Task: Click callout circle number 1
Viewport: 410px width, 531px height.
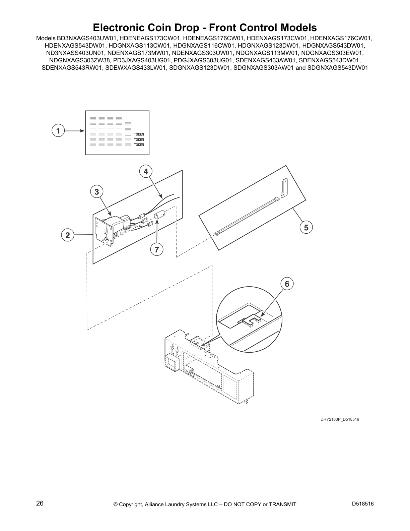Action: (x=58, y=131)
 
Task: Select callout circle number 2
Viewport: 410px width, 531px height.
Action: (x=68, y=235)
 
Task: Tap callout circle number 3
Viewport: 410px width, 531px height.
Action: (x=96, y=192)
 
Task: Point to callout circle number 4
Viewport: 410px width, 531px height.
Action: (x=145, y=172)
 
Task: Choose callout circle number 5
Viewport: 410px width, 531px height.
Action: (x=306, y=228)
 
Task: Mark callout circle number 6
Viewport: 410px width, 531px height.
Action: (x=287, y=284)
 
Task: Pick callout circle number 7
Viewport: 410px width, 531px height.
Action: (x=156, y=249)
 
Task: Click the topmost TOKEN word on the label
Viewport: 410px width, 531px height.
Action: (x=139, y=134)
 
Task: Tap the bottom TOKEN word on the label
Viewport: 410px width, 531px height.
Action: (x=139, y=145)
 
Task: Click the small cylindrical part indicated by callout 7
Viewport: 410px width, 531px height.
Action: (x=159, y=214)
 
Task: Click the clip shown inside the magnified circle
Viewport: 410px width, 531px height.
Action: (x=249, y=320)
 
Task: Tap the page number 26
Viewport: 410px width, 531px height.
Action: (x=40, y=503)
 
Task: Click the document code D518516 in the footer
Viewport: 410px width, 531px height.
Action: (x=363, y=504)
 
